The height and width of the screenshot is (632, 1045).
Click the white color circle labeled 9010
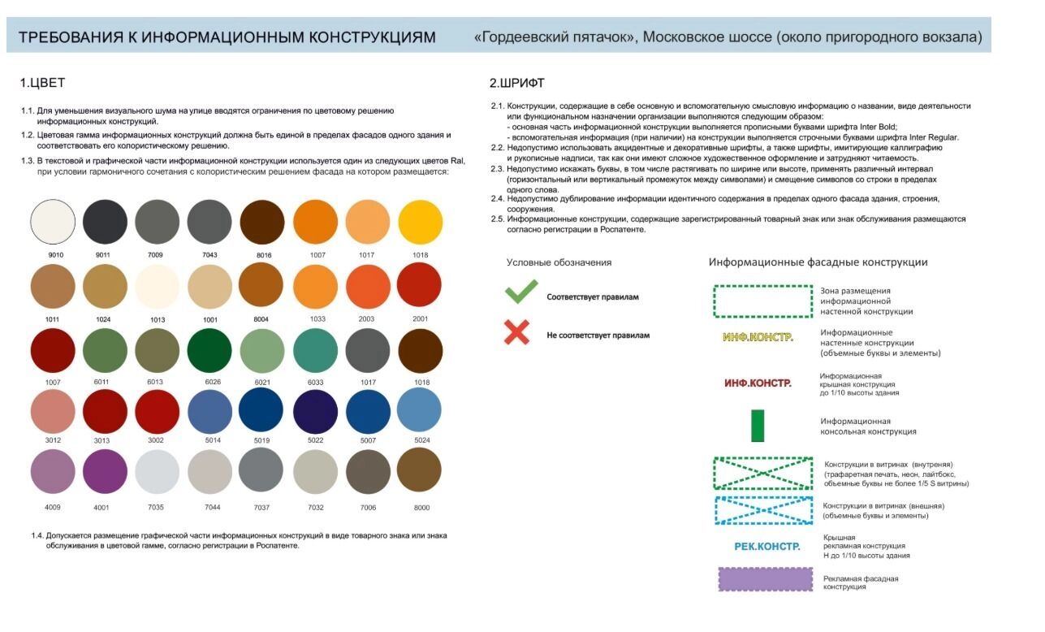coord(53,221)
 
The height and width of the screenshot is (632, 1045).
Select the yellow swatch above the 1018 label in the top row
coord(421,221)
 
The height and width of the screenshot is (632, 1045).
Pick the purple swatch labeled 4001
coord(105,471)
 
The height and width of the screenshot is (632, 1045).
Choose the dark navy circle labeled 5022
coord(315,410)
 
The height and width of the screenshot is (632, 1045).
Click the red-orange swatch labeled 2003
coord(368,287)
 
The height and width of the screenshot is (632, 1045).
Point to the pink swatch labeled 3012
coord(53,410)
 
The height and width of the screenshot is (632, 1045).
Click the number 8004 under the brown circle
coord(261,319)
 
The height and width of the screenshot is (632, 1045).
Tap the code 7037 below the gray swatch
coord(261,508)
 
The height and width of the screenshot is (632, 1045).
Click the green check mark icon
coord(520,292)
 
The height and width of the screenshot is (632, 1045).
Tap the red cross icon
coord(517,331)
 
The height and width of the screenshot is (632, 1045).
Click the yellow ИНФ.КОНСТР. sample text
coord(758,336)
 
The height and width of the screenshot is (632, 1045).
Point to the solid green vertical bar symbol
coord(758,426)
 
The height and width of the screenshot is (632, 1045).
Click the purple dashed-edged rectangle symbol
coord(765,579)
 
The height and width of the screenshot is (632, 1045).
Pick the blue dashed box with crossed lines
coord(763,509)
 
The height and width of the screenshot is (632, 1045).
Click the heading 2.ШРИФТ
coord(517,83)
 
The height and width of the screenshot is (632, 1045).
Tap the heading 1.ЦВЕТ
coord(42,83)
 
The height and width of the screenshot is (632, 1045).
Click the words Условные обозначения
coord(559,262)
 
